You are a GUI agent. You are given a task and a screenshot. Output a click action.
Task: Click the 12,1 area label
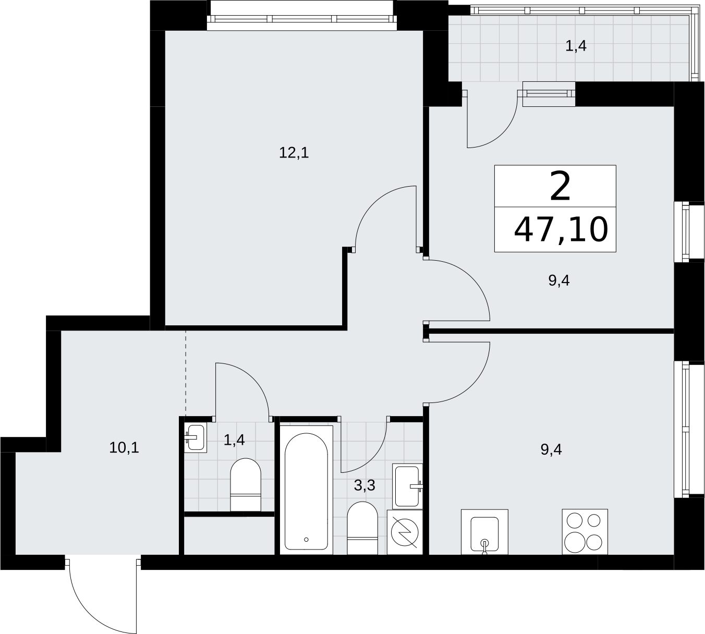pyautogui.click(x=294, y=153)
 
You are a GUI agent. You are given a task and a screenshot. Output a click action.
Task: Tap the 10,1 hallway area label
pyautogui.click(x=124, y=448)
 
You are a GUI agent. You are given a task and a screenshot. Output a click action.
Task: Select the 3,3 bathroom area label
pyautogui.click(x=364, y=485)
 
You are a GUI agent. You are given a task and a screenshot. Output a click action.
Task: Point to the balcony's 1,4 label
pyautogui.click(x=576, y=46)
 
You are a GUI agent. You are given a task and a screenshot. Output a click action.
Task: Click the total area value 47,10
pyautogui.click(x=561, y=230)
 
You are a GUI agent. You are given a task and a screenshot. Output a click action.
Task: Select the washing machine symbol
pyautogui.click(x=405, y=532)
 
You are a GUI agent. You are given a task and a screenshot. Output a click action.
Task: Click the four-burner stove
pyautogui.click(x=585, y=532)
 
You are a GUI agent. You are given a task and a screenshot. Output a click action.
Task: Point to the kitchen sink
pyautogui.click(x=484, y=532)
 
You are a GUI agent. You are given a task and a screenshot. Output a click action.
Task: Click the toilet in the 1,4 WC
pyautogui.click(x=246, y=485)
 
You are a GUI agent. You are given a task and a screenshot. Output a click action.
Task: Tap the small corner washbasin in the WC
pyautogui.click(x=196, y=437)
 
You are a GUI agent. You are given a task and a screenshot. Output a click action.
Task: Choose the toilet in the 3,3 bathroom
pyautogui.click(x=362, y=528)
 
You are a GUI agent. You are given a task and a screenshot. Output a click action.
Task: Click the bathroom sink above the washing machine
pyautogui.click(x=407, y=486)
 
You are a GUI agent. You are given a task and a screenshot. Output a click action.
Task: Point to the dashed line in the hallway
pyautogui.click(x=186, y=373)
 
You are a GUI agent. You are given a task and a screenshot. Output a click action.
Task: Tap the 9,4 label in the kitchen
pyautogui.click(x=551, y=449)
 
